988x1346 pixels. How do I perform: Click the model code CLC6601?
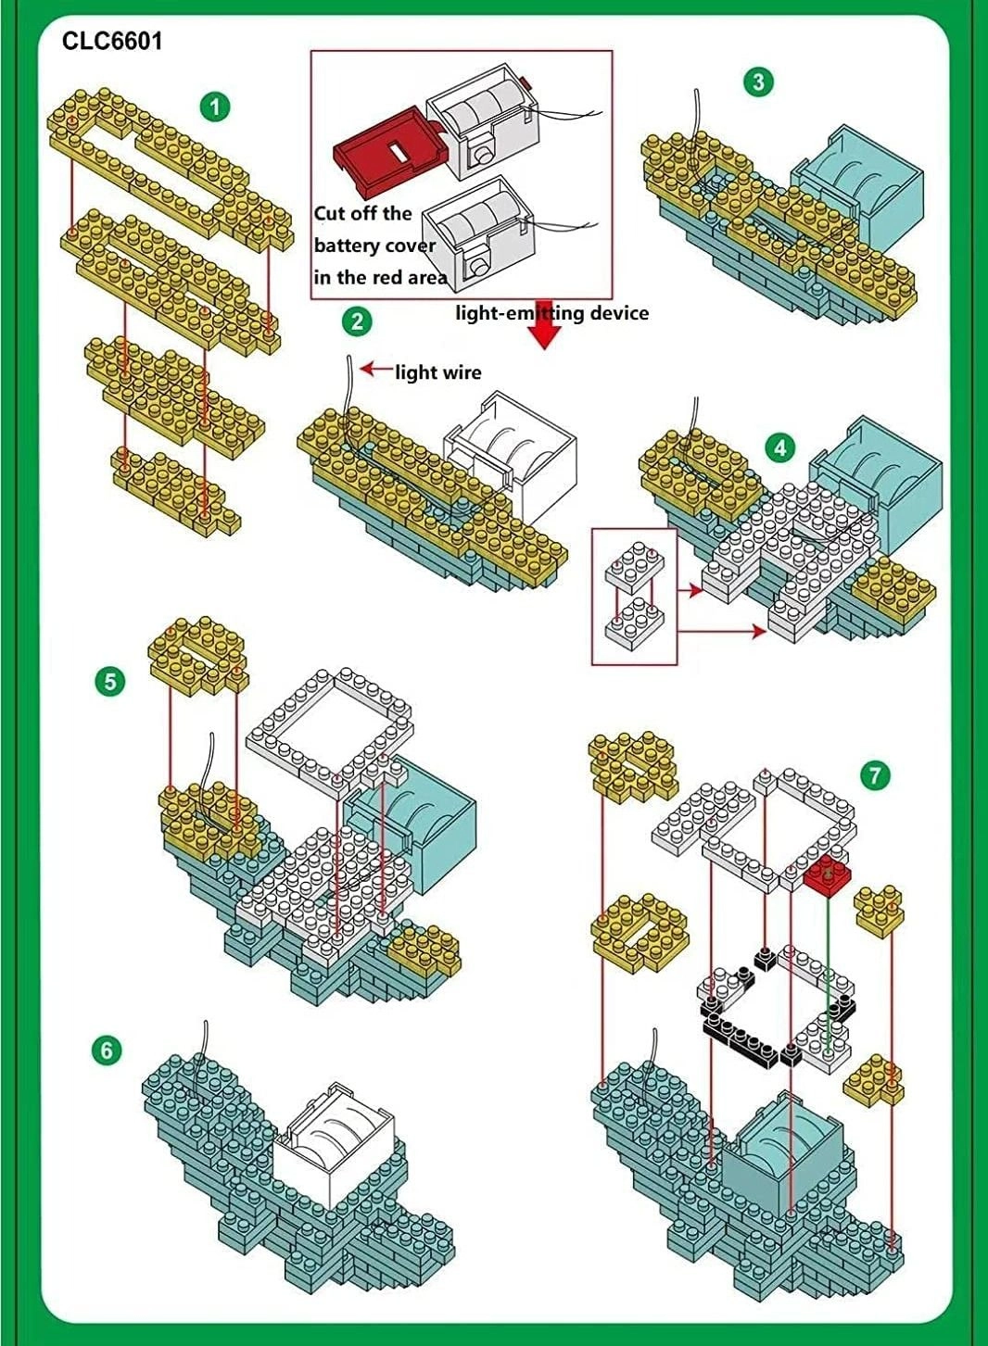[x=112, y=41]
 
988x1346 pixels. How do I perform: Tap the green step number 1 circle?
[x=215, y=107]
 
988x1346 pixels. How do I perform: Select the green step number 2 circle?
[x=357, y=321]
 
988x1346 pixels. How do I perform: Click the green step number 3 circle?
[x=758, y=82]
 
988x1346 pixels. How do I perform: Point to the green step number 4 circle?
[x=780, y=448]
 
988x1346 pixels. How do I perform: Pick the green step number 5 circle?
[x=109, y=683]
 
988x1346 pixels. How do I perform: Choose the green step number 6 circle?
[x=108, y=1050]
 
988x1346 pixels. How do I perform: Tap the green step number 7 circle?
[x=875, y=774]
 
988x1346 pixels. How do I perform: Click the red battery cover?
[x=387, y=147]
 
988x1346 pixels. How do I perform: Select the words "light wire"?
[x=438, y=372]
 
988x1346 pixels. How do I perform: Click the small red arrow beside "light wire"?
[x=376, y=369]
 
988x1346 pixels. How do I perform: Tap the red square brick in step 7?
[x=828, y=874]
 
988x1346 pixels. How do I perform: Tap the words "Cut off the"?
[x=362, y=213]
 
